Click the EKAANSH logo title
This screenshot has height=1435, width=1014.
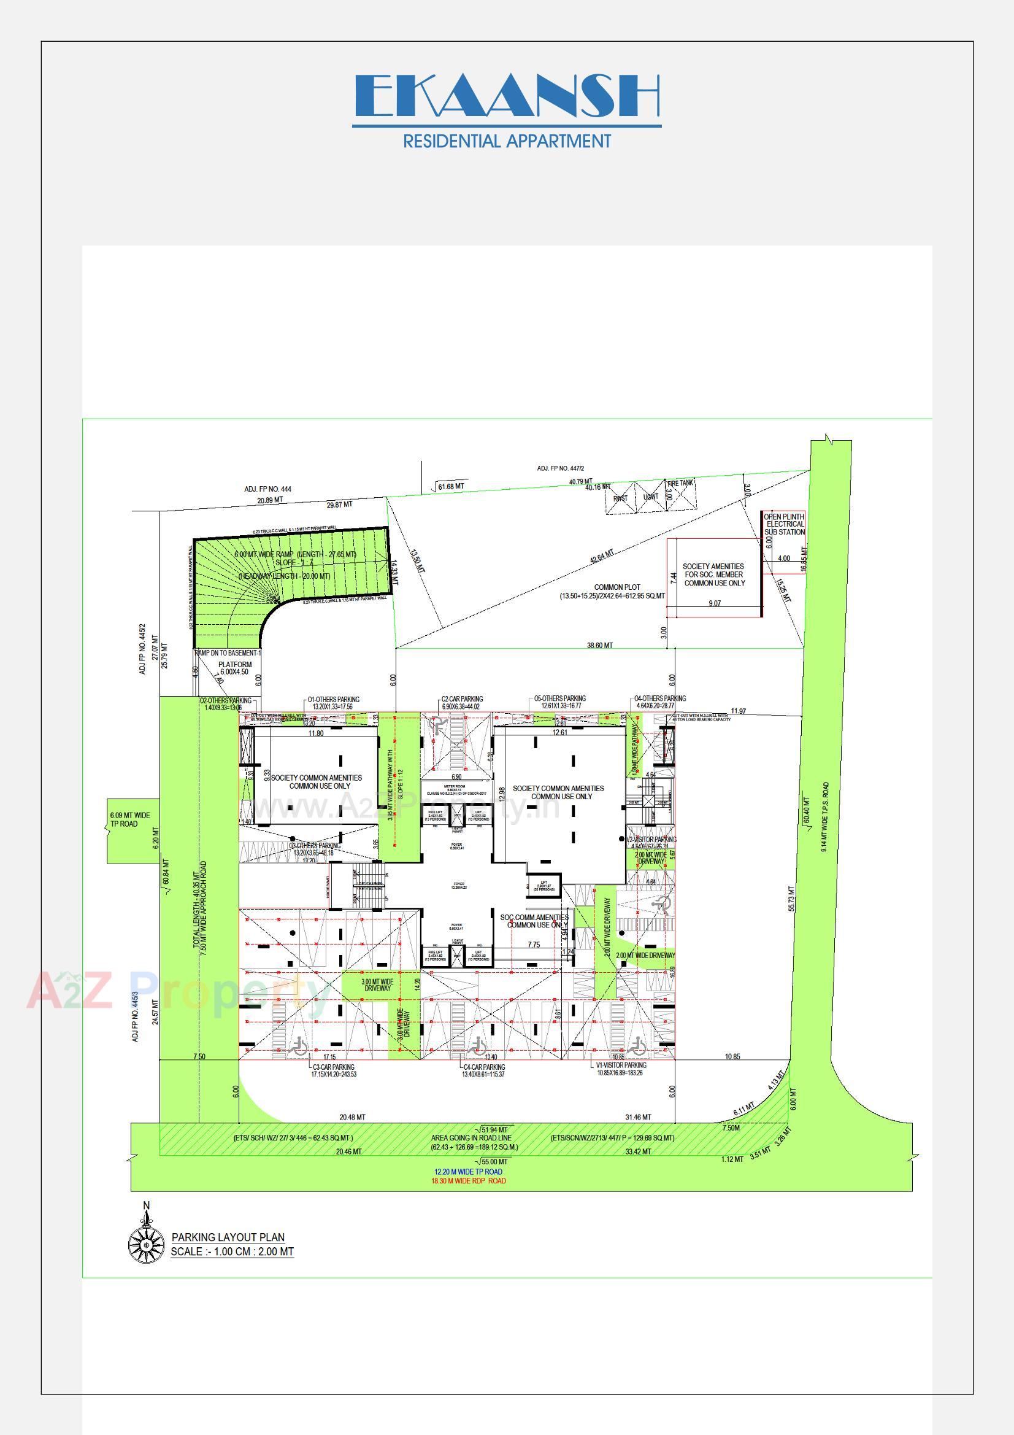click(507, 97)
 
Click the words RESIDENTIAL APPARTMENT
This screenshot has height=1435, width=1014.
click(507, 141)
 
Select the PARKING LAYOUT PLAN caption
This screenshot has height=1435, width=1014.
click(228, 1237)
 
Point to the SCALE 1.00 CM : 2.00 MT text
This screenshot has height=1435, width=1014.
click(232, 1251)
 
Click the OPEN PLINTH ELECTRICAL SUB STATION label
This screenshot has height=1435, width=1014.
click(785, 524)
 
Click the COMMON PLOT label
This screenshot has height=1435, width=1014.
click(616, 587)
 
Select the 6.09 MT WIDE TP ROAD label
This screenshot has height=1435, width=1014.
click(130, 819)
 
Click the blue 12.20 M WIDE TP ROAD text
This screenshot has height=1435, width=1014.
click(469, 1172)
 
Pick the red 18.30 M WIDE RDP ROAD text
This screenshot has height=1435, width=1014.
click(469, 1182)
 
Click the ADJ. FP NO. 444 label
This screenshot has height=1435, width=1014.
click(267, 489)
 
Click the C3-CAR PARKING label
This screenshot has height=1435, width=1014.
click(334, 1067)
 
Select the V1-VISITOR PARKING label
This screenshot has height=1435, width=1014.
click(621, 1065)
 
